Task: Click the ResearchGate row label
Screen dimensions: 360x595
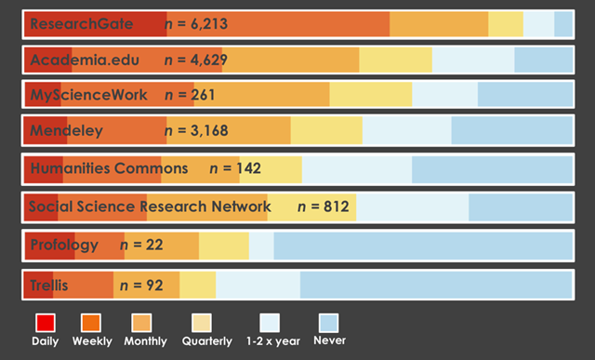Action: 82,23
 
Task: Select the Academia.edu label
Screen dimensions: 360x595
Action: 85,60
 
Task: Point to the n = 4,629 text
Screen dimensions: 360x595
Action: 195,60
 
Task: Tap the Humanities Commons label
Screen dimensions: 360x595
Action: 109,169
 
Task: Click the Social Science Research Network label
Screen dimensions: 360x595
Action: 150,207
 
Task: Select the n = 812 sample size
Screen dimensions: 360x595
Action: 324,207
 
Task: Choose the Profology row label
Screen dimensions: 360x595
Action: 63,245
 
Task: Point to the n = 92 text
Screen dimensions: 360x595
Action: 141,285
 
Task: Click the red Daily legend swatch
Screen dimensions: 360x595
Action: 45,323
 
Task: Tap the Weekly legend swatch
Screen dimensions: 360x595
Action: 92,323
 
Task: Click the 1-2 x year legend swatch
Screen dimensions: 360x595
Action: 270,323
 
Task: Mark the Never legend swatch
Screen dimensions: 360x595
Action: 329,323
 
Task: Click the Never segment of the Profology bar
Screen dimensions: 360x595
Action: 423,246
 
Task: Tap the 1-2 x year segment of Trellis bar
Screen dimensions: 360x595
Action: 258,284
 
